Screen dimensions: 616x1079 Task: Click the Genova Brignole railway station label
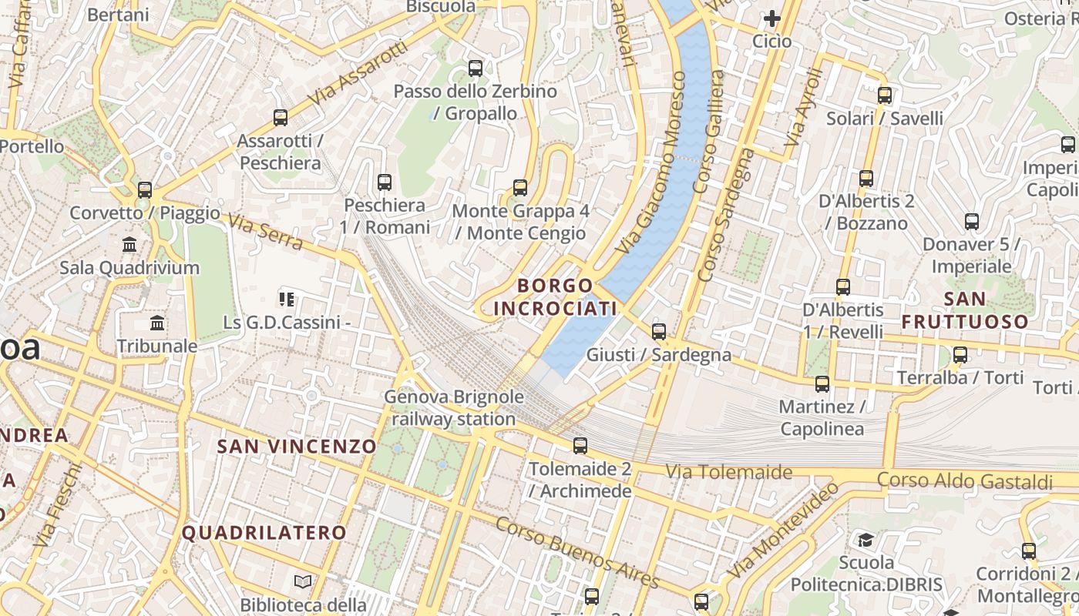454,408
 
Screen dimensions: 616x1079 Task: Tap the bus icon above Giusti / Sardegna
659,332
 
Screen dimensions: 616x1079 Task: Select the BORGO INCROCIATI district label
555,297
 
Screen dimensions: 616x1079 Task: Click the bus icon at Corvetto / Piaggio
145,190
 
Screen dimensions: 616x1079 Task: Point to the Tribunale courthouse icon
158,323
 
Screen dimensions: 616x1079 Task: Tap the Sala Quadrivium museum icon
129,245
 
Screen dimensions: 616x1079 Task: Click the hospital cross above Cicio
771,18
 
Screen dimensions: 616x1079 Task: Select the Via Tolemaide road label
728,471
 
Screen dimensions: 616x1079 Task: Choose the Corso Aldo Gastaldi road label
964,480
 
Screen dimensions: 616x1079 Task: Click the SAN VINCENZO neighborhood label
297,447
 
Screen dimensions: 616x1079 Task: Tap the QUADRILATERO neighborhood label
264,532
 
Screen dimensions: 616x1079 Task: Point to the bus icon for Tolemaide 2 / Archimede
580,446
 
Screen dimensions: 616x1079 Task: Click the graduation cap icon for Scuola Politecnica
866,540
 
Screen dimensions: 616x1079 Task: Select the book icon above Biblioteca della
303,581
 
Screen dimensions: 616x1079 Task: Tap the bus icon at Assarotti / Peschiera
281,118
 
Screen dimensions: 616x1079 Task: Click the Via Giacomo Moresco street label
652,163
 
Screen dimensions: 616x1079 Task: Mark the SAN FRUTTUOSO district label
965,310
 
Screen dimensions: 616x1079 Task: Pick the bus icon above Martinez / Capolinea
822,383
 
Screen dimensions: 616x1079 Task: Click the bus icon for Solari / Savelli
885,95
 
